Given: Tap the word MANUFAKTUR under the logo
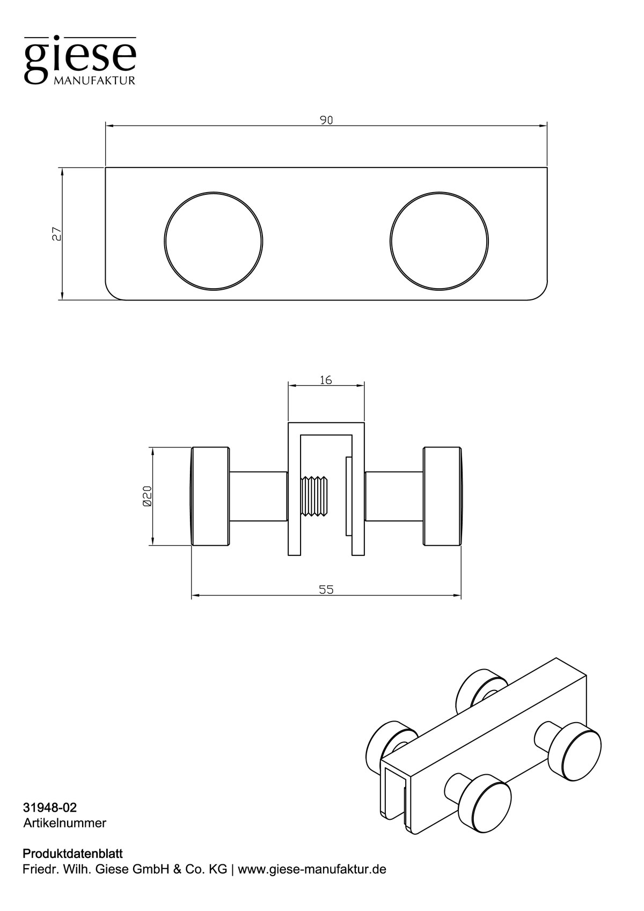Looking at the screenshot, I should (x=94, y=80).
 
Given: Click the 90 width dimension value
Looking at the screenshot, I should (x=326, y=120).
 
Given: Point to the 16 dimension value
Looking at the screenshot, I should (x=326, y=380).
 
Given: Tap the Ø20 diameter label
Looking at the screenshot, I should (x=148, y=496).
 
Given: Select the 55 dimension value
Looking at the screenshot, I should (x=326, y=590).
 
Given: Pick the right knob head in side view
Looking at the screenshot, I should (x=442, y=496).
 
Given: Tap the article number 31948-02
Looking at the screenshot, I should (x=46, y=807).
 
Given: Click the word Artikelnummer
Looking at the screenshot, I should (x=64, y=823).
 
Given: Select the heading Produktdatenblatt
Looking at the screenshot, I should (x=72, y=854).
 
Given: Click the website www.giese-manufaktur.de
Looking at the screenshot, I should (x=312, y=869).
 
